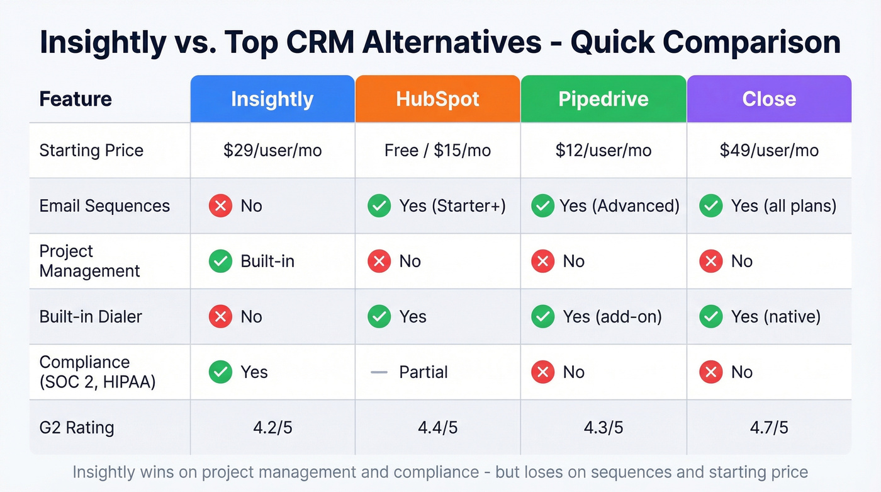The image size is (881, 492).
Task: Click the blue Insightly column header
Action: [272, 99]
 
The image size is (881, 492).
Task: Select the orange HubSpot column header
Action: [437, 99]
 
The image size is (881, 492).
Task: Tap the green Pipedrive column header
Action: [603, 99]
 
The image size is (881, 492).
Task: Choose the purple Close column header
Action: [769, 99]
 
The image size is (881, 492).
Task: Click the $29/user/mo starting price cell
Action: [272, 151]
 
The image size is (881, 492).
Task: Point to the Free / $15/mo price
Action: [437, 151]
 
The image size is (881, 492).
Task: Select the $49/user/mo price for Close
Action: [769, 151]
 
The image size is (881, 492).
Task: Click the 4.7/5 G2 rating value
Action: [769, 428]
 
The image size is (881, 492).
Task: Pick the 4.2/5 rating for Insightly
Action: [272, 428]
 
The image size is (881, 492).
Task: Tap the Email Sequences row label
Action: [104, 206]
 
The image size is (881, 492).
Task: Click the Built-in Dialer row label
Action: [91, 316]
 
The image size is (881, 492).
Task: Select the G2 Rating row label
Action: [77, 428]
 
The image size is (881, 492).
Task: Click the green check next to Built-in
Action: [220, 261]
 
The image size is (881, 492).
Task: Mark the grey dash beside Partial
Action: [379, 372]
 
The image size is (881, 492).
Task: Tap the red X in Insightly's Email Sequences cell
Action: [220, 206]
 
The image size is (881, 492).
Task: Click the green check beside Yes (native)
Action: [711, 316]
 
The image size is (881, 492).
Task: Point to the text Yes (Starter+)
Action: [452, 206]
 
